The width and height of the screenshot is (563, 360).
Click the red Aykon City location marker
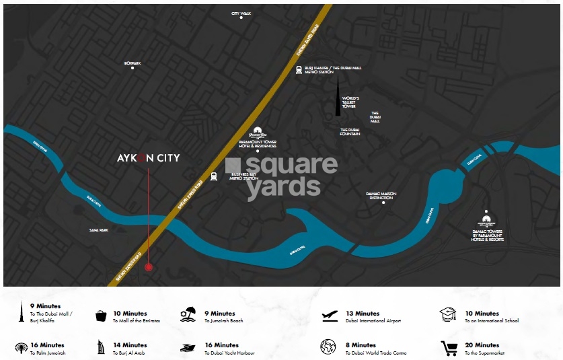149,267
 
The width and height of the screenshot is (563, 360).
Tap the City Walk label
240,13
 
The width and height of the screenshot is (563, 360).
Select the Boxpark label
133,63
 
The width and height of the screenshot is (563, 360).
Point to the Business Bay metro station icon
214,177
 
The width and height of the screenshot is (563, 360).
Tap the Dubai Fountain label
350,132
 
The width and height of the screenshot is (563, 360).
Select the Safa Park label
99,230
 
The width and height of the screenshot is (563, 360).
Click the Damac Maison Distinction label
381,196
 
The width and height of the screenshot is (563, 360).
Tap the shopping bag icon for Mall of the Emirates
102,316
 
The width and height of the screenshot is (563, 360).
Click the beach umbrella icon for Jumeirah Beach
188,315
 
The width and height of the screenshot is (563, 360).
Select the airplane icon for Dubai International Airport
330,315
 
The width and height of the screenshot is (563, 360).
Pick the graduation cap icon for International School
448,314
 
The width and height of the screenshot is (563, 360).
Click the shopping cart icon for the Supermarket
449,348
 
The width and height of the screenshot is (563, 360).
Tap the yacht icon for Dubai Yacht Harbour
188,348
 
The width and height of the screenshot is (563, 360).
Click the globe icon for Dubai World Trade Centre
328,347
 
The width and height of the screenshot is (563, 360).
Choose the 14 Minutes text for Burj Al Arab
130,345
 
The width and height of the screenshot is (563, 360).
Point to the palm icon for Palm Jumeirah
22,348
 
